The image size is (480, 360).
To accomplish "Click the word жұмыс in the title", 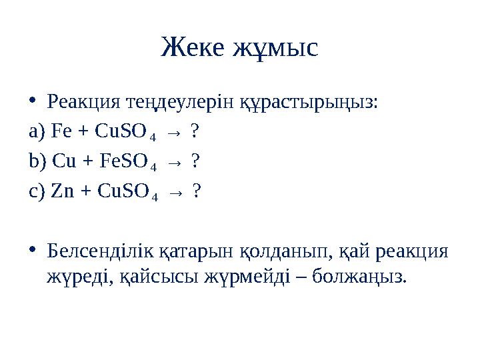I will coord(275,49).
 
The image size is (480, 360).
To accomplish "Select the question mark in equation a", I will coord(193,132).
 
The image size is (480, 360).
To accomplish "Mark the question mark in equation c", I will coord(196,191).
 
